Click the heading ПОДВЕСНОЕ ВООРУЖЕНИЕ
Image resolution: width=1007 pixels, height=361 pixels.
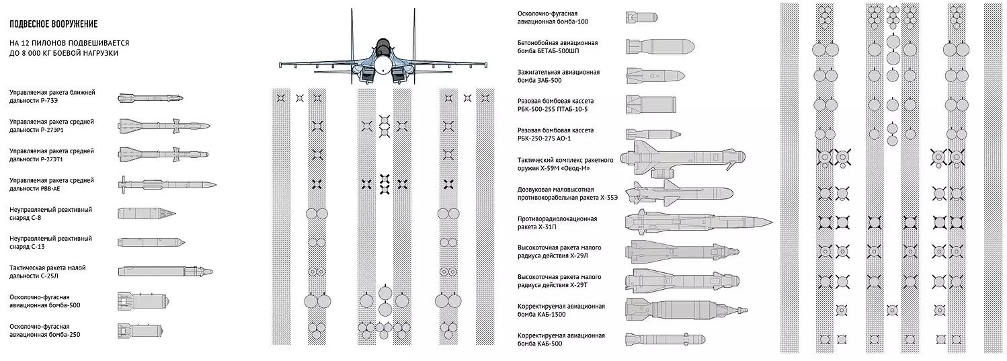[x=54, y=24]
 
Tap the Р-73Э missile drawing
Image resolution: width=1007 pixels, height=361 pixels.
[x=151, y=98]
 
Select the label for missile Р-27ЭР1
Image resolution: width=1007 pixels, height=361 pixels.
[x=52, y=126]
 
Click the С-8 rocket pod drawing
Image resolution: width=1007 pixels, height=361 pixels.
[x=147, y=214]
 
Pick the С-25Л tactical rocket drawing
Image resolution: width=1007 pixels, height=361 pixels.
[x=165, y=272]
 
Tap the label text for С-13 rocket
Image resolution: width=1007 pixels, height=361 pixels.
[x=51, y=243]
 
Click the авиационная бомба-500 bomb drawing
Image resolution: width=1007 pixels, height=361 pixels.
[x=143, y=301]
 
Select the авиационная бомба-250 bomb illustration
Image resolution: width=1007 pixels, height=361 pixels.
[x=140, y=331]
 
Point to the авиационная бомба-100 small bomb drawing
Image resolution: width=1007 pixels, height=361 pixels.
[x=641, y=17]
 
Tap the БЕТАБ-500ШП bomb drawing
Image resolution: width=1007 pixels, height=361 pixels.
[x=660, y=47]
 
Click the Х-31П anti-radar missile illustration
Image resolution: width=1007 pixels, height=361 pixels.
[x=698, y=222]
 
